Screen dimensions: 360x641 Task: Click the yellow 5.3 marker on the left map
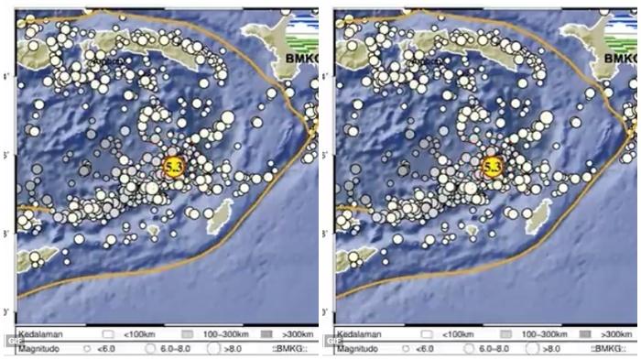click(x=173, y=167)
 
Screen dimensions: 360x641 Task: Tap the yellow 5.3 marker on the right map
click(x=493, y=167)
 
